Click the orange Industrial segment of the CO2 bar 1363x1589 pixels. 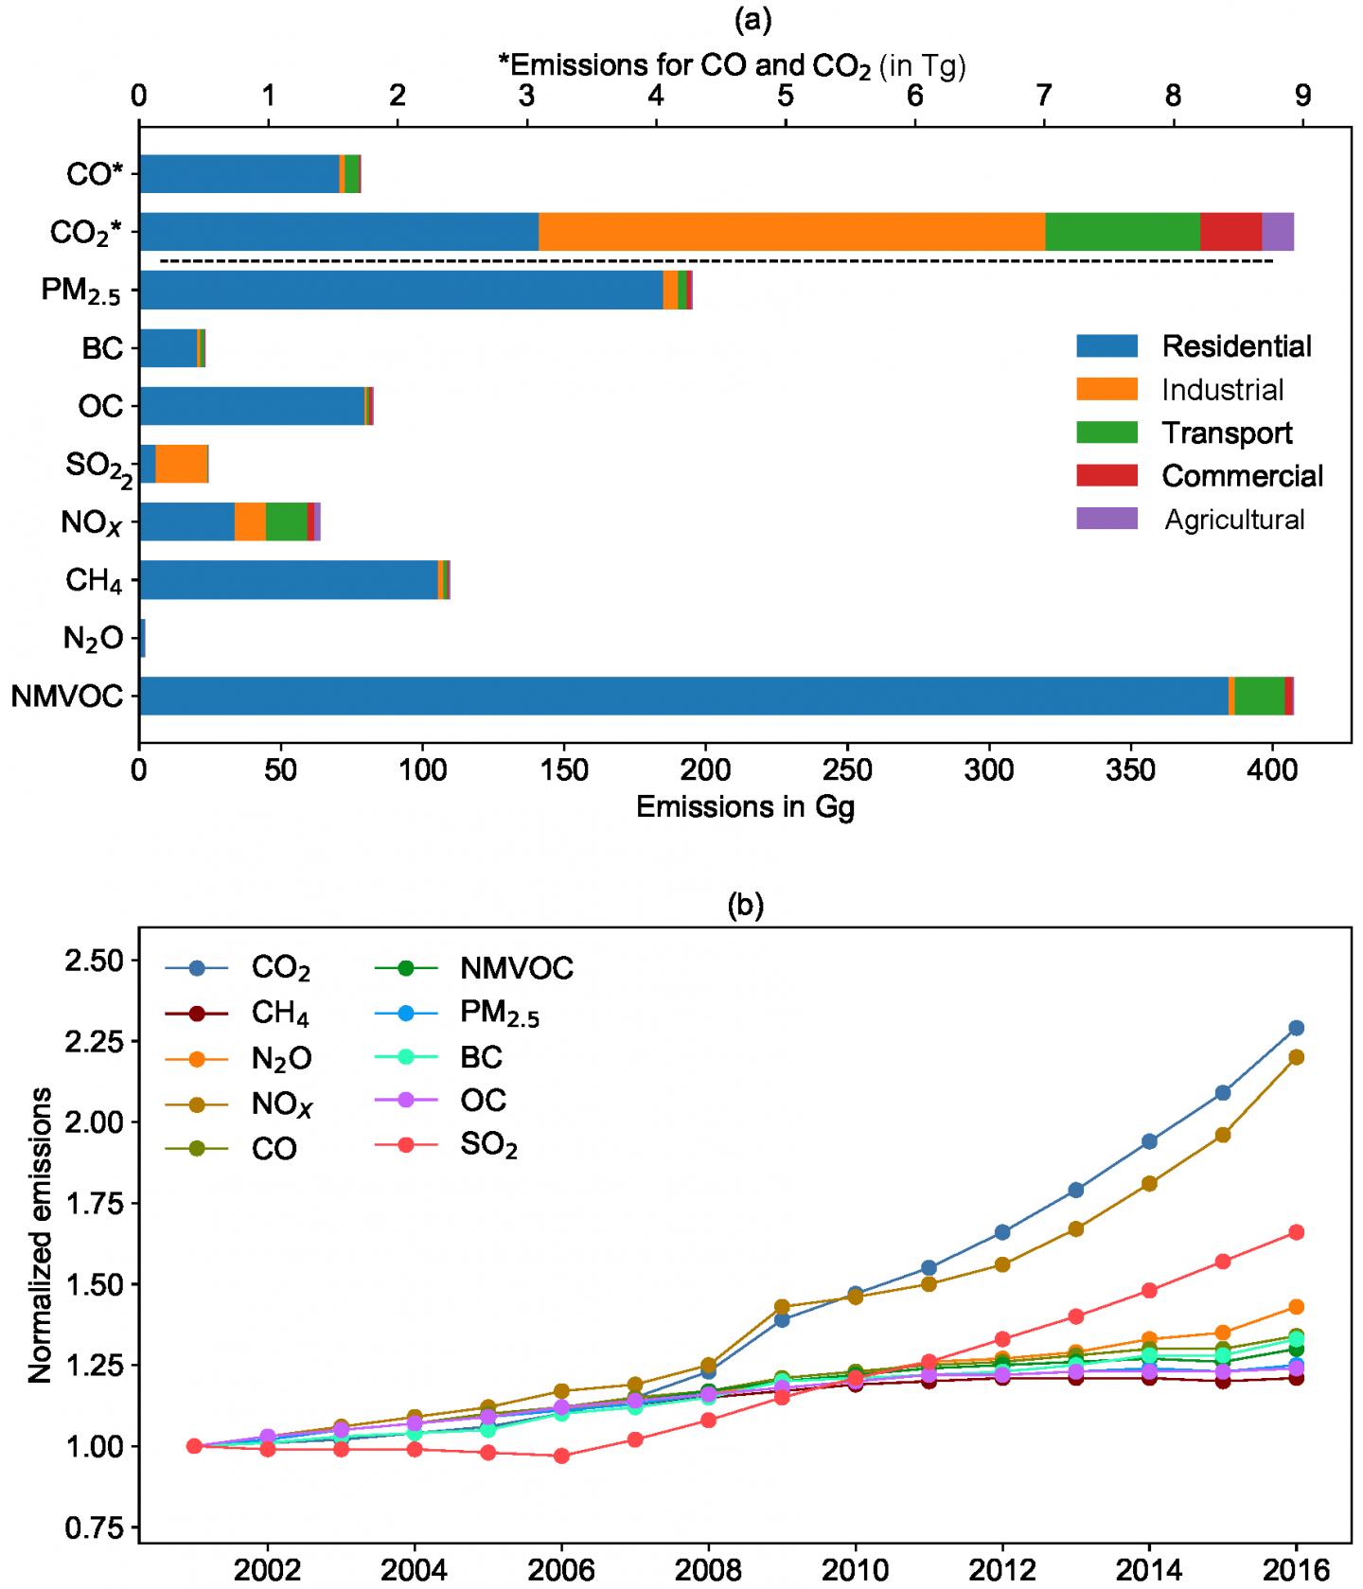[791, 232]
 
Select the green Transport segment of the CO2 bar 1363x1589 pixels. [1123, 232]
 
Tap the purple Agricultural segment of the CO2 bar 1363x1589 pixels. [1277, 232]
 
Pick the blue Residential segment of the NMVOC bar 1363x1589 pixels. [681, 696]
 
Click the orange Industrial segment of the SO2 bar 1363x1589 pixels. [181, 464]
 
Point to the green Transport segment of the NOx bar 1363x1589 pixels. [286, 521]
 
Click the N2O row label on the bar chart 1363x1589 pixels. [93, 639]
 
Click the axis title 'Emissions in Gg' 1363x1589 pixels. [745, 807]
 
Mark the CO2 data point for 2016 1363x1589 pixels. [1296, 1028]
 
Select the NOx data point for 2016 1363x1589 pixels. [1296, 1057]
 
